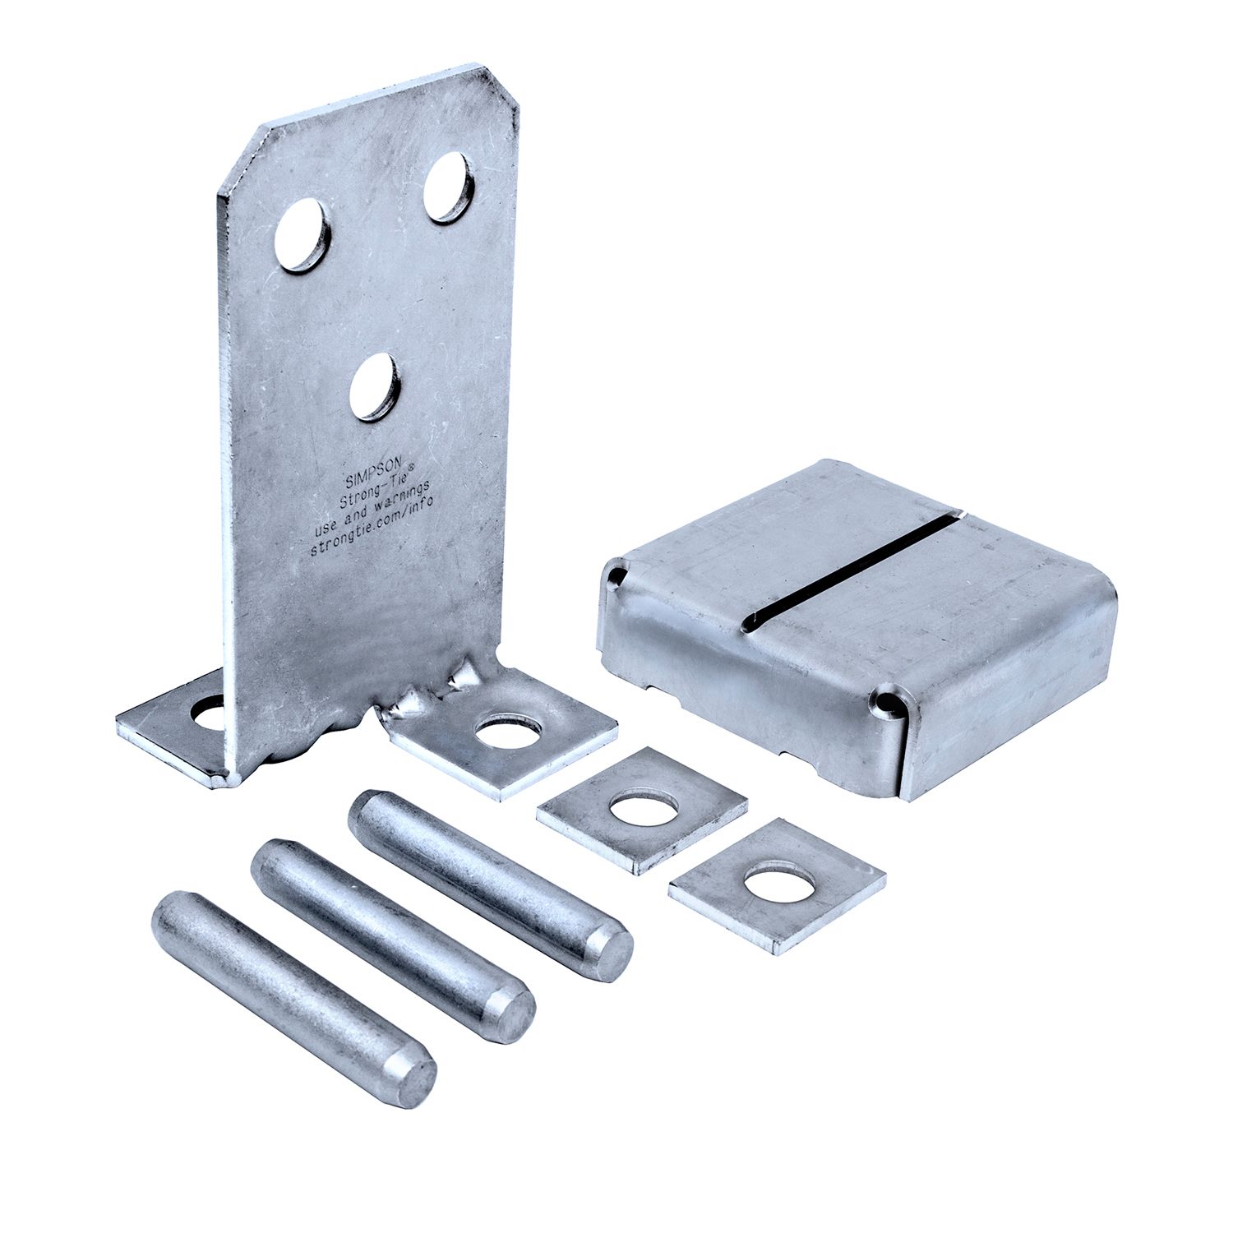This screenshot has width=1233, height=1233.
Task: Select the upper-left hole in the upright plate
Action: (x=302, y=235)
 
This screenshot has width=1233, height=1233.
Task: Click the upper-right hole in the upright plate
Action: (x=448, y=187)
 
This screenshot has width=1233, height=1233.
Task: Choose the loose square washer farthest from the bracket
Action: (x=777, y=884)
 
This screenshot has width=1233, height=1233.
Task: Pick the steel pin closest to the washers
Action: (x=489, y=884)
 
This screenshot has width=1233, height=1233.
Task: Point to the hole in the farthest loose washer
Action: (x=779, y=884)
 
